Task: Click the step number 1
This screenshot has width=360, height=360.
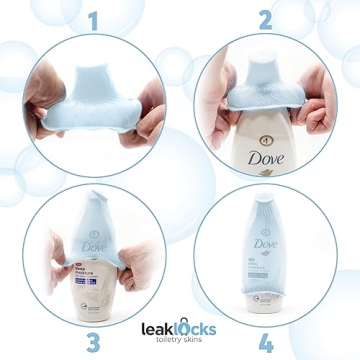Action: (93, 19)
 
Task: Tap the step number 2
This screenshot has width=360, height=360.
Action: (265, 19)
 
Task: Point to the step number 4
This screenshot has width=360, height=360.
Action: (265, 342)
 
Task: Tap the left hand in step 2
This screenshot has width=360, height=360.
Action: (215, 100)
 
